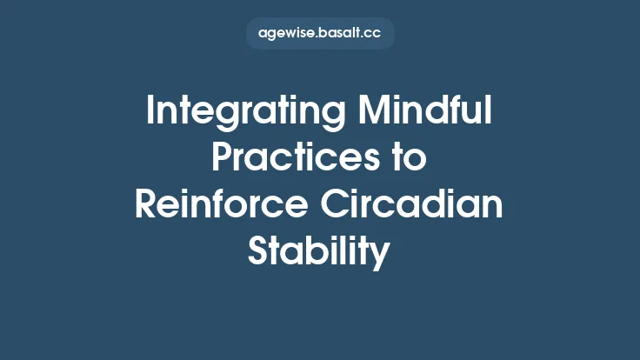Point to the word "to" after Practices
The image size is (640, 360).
coord(409,160)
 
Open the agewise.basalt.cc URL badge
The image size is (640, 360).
coord(320,33)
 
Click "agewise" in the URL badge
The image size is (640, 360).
coord(286,33)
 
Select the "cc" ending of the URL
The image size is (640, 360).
coord(373,33)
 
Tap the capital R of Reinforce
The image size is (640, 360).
coord(145,207)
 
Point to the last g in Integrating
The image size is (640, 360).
coord(311,117)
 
